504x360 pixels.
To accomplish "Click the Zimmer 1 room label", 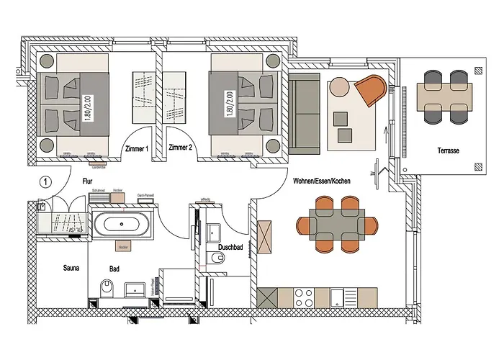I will pyautogui.click(x=136, y=148).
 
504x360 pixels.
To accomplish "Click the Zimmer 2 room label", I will pyautogui.click(x=180, y=148).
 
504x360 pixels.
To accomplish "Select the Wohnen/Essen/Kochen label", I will pyautogui.click(x=322, y=181).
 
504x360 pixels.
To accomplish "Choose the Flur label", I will pyautogui.click(x=88, y=183).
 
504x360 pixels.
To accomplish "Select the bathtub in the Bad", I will pyautogui.click(x=125, y=224).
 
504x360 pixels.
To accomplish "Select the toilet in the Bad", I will pyautogui.click(x=107, y=289).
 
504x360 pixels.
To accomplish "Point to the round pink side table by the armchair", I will pyautogui.click(x=339, y=87).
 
